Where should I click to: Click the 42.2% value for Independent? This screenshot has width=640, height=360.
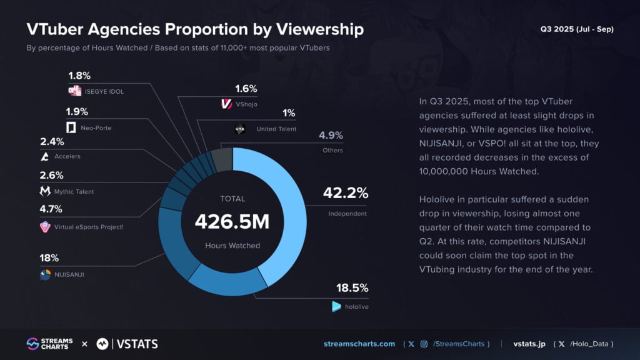click(345, 194)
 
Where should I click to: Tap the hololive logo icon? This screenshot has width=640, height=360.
click(337, 306)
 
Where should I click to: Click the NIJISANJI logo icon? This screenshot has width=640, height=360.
click(46, 274)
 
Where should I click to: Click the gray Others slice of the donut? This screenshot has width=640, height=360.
click(222, 159)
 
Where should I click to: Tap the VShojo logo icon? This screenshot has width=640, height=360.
click(227, 104)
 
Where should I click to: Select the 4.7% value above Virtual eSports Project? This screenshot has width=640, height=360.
click(51, 209)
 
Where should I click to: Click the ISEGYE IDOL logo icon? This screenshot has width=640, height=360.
click(75, 91)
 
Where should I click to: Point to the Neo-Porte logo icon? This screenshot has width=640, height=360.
click(71, 128)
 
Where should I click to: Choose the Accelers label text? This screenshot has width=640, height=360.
click(67, 156)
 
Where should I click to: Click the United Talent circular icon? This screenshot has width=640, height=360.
click(239, 129)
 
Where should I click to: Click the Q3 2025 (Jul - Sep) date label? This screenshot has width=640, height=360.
click(576, 29)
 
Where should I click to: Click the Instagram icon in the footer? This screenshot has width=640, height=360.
click(424, 344)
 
